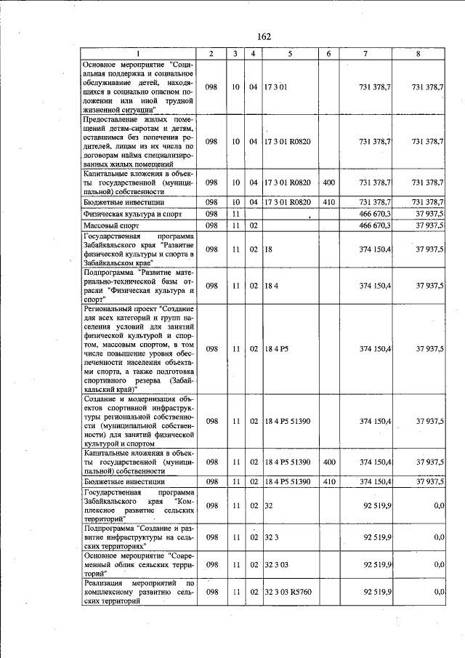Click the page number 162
tap(263, 37)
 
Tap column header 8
tap(418, 54)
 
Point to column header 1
tap(138, 54)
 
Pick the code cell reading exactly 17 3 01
tap(276, 87)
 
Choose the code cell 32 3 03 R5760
tap(288, 593)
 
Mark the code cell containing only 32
tap(268, 505)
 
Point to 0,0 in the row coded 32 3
tap(438, 537)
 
